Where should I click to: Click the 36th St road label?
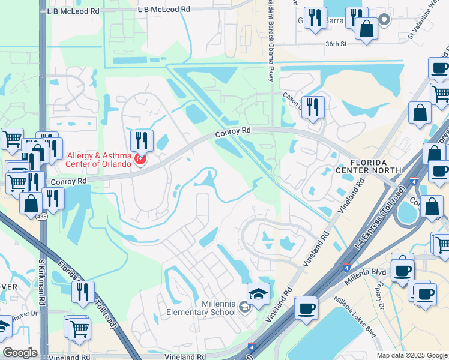(x=336, y=44)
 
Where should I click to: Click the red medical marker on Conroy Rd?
(x=140, y=160)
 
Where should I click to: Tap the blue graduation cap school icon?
(x=258, y=293)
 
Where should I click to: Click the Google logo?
(x=20, y=352)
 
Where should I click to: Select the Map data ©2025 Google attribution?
(x=412, y=355)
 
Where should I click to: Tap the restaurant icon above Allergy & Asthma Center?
(x=142, y=140)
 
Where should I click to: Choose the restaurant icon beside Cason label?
(x=313, y=107)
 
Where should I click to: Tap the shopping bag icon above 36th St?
(x=366, y=28)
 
